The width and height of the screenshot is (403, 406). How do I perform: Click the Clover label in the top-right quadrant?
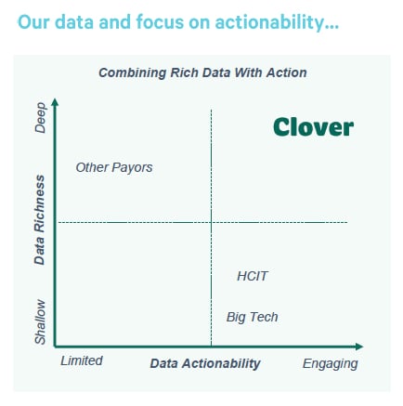coord(313,127)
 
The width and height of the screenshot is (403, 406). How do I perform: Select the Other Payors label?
coord(114,168)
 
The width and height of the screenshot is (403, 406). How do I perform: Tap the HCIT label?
coord(253,276)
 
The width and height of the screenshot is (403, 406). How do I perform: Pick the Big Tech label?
coord(252,318)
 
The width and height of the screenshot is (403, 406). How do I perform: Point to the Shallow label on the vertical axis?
coord(41,321)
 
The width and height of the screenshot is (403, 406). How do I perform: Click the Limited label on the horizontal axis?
coord(82,360)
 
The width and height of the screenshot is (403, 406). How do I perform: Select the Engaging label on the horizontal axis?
coord(330,363)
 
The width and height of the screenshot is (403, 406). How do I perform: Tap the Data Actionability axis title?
coord(205,363)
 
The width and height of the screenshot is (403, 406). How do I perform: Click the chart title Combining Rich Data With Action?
coord(202,72)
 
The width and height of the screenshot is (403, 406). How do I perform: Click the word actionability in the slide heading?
coord(269,21)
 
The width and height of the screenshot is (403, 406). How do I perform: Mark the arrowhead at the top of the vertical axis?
coord(56,100)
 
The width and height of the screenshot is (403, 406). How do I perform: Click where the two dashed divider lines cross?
coord(212,222)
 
